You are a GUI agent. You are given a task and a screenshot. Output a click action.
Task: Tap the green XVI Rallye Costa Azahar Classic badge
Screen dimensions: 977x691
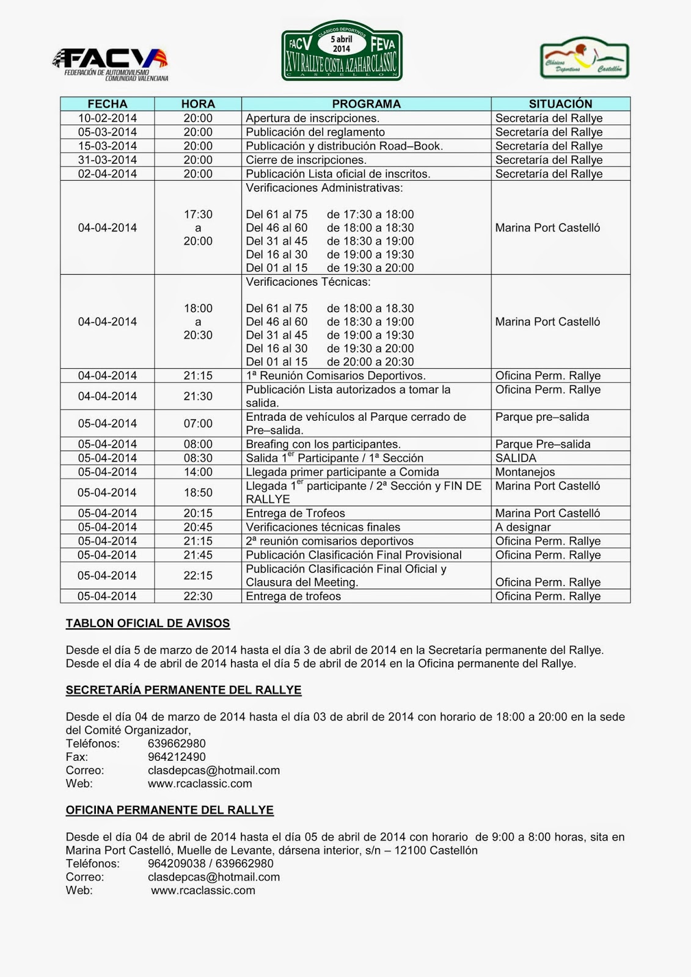point(342,51)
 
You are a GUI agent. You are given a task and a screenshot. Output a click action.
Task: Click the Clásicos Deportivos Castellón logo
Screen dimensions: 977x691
point(584,59)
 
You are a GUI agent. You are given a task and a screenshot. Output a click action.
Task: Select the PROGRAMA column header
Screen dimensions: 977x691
point(366,104)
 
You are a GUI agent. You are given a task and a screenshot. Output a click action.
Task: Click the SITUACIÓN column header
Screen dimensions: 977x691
point(560,104)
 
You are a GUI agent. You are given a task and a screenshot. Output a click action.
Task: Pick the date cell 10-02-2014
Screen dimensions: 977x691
point(108,118)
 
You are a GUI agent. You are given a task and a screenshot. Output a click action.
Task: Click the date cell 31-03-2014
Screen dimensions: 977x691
point(108,160)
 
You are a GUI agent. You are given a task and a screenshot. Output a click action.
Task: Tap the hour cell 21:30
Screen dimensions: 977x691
point(198,396)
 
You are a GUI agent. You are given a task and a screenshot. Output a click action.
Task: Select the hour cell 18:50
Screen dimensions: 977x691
point(198,492)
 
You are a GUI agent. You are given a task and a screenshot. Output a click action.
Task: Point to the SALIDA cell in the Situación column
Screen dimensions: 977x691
point(516,458)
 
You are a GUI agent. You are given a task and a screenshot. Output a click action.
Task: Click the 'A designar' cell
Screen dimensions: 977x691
point(523,527)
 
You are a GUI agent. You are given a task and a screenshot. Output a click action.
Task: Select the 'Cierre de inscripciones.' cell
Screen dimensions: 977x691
point(306,160)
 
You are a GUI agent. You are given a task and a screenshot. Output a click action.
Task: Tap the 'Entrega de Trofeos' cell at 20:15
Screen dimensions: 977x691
point(295,514)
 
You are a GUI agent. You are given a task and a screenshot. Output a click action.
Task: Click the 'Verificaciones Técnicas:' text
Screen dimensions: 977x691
point(308,282)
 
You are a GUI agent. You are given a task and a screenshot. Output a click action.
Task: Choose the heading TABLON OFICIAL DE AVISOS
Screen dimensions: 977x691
point(148,623)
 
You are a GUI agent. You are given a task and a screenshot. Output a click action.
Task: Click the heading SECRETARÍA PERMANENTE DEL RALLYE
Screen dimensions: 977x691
point(183,690)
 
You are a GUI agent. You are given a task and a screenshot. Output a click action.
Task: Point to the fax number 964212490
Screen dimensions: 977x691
point(177,757)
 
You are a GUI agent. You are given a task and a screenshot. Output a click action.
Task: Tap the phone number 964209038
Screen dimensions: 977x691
point(177,863)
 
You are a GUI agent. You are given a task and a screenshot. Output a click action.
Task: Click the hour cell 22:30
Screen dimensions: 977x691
point(198,596)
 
